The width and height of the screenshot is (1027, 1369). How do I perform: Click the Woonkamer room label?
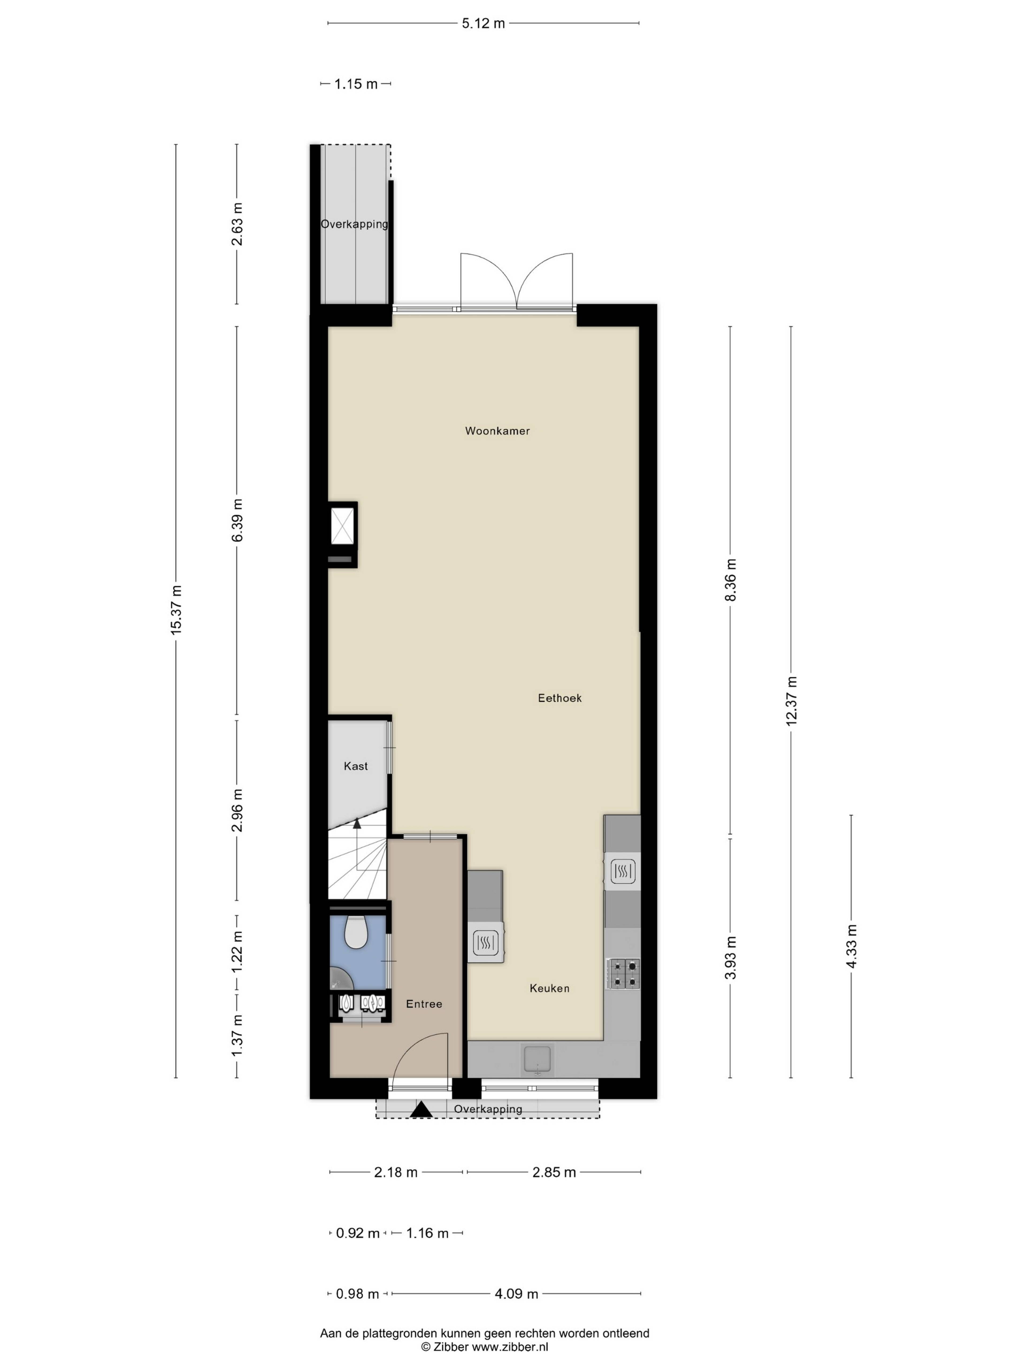coord(497,431)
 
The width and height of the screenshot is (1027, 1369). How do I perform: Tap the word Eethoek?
coord(560,698)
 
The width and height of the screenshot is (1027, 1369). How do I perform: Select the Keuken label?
coord(549,988)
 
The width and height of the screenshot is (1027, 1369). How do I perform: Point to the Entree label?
coord(424,1004)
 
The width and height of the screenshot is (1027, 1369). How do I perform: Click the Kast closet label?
coord(356,766)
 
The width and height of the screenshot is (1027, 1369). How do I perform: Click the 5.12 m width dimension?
coord(484,24)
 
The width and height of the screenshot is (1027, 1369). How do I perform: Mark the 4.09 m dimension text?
coord(516,1294)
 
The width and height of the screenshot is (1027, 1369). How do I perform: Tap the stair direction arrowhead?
coord(357,823)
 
